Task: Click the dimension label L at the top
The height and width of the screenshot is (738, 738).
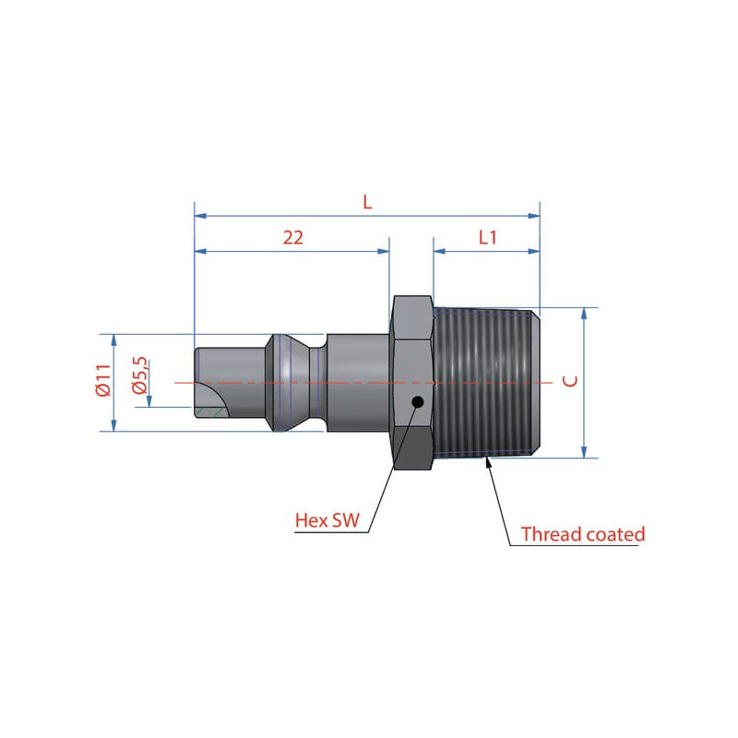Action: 367,202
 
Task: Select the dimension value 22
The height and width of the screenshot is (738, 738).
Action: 292,238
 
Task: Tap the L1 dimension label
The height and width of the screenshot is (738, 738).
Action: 488,238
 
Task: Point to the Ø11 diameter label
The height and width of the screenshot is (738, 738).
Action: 103,380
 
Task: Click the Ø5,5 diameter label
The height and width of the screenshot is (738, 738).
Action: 140,375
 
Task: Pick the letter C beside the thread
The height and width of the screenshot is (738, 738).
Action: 570,381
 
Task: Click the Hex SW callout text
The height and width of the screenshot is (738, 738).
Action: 327,520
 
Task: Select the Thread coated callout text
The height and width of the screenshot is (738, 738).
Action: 583,534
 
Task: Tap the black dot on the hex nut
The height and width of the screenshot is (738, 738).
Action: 417,402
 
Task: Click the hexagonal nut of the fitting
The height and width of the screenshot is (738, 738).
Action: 412,383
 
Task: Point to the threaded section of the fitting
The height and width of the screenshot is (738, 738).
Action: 486,383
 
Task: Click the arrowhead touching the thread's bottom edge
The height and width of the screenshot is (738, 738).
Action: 488,462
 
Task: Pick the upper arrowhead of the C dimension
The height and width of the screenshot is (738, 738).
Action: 584,314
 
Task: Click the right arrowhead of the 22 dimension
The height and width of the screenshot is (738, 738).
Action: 384,251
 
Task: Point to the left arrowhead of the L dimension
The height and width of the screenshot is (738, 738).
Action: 200,216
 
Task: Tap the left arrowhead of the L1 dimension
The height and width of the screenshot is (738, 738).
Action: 439,251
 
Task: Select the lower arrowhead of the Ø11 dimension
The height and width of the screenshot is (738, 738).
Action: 113,425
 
